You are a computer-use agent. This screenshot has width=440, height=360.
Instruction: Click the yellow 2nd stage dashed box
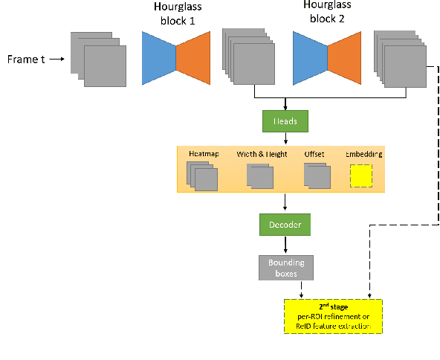coord(332,315)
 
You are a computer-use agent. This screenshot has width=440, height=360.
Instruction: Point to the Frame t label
coord(25,58)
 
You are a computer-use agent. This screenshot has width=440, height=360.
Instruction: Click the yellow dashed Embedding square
coord(361,177)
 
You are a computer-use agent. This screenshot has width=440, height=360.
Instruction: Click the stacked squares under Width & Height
coord(260,177)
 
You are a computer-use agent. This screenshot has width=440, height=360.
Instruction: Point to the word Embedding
coord(364,154)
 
